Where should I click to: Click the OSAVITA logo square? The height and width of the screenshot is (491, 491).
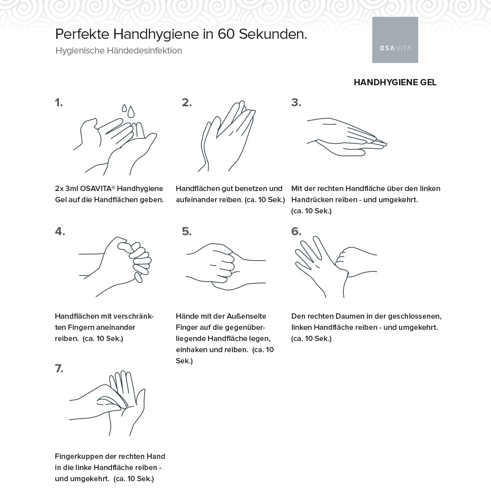395,40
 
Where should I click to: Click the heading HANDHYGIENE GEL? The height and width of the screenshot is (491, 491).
395,83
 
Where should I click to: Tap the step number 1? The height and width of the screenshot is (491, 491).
59,103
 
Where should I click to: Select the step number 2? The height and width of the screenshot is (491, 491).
187,103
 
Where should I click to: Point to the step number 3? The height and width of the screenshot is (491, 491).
296,103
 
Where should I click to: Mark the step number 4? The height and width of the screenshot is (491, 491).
60,231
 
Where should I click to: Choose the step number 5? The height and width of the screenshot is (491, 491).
187,231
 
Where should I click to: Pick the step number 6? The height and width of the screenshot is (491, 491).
296,231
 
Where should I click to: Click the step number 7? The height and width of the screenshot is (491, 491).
59,369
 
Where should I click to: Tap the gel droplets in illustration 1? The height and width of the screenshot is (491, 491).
128,111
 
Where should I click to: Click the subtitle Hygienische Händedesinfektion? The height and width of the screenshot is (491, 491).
119,51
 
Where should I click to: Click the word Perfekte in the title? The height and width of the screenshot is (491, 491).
82,34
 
